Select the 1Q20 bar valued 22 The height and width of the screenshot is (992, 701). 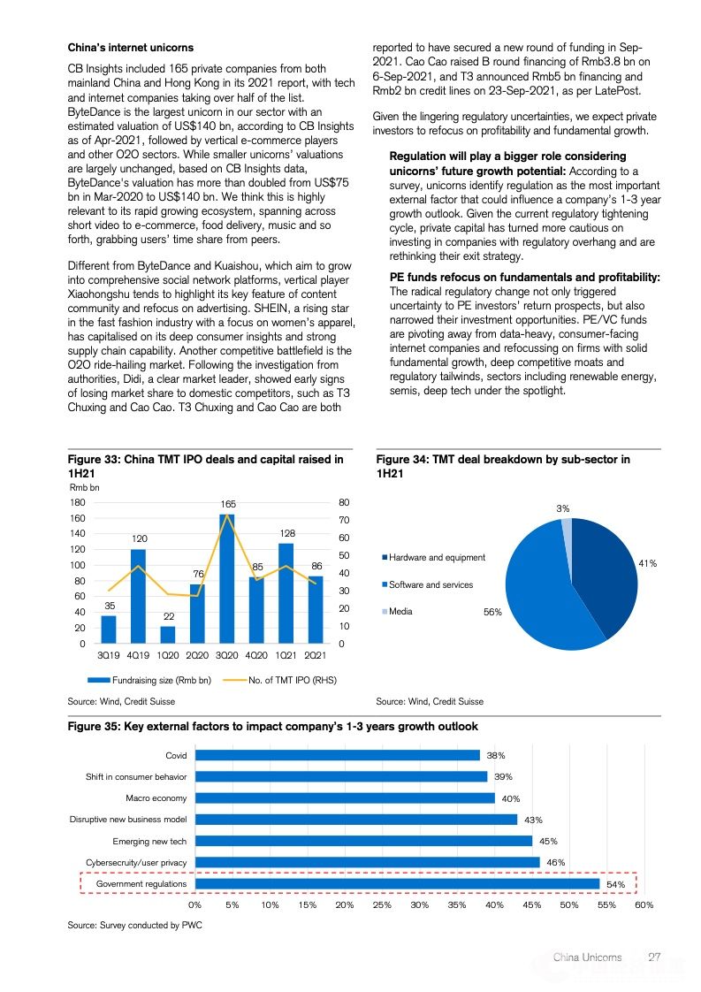(168, 635)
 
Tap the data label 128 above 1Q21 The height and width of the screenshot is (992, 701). (286, 533)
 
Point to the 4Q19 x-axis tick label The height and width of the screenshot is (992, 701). (138, 655)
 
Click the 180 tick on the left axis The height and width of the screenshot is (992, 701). (78, 502)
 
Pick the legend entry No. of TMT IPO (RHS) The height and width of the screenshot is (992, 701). (280, 680)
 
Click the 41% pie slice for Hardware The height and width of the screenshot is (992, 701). (610, 575)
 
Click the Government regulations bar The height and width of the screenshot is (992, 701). (397, 883)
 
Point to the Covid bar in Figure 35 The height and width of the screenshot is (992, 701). (337, 755)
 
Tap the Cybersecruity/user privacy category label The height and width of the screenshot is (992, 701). (136, 862)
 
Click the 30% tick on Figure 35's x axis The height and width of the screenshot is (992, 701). (420, 905)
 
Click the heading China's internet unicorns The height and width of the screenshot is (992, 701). (131, 47)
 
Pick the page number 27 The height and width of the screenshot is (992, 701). (655, 957)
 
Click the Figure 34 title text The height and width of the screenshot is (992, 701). (503, 466)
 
